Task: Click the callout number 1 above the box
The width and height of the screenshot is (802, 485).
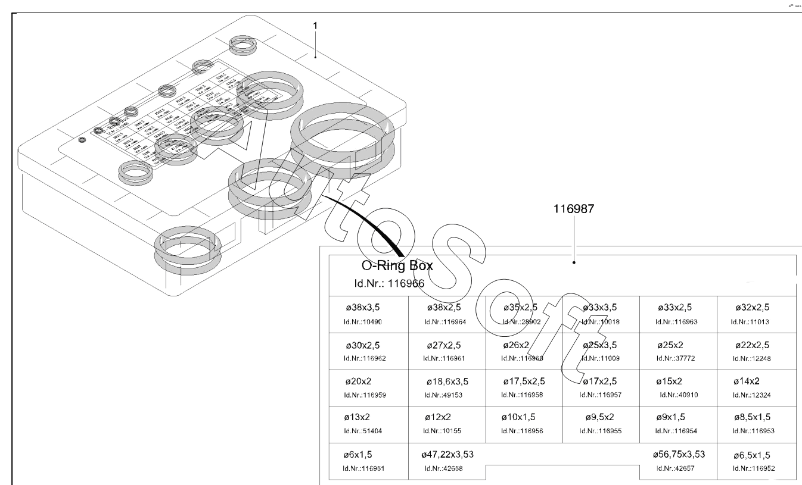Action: tap(315, 26)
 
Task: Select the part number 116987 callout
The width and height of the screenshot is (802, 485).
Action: tap(574, 209)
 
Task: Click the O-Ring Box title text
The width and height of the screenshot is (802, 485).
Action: tap(397, 266)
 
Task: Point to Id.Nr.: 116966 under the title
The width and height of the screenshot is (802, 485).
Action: tap(388, 283)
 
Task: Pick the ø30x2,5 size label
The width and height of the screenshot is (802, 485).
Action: tap(363, 345)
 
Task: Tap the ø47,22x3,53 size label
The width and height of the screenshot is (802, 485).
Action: tap(447, 455)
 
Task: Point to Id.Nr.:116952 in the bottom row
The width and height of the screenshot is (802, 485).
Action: tap(754, 468)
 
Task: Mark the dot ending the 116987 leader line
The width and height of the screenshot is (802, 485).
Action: tap(574, 262)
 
